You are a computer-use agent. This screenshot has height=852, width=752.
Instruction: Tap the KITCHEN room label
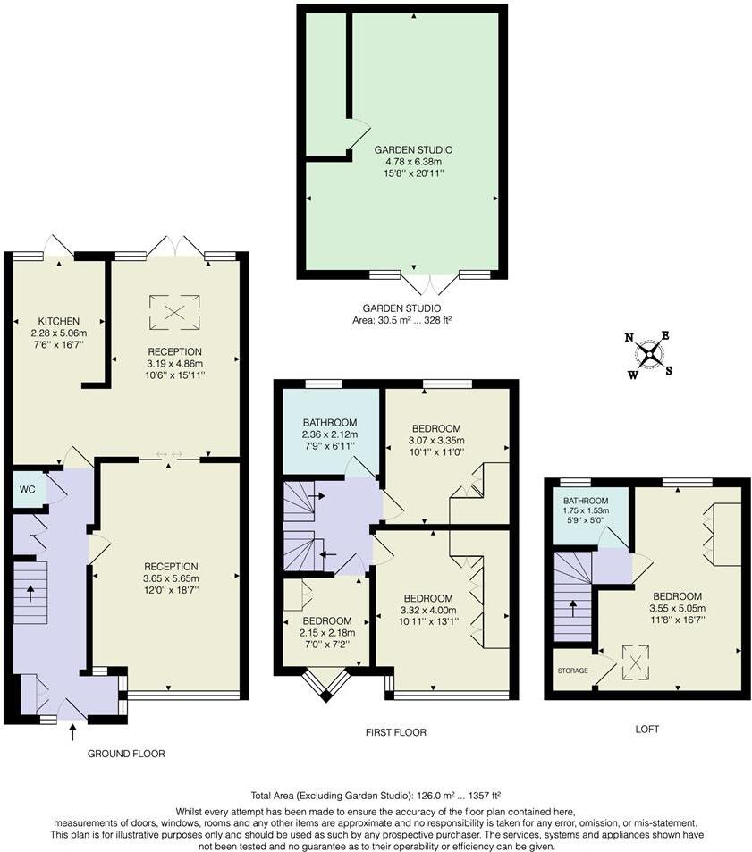pos(59,321)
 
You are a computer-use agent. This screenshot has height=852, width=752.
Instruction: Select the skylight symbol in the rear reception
pos(174,309)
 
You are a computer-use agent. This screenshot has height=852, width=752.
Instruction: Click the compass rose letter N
pos(629,338)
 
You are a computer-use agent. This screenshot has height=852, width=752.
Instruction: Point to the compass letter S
pos(669,371)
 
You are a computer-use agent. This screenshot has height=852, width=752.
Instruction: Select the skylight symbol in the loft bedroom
pos(636,662)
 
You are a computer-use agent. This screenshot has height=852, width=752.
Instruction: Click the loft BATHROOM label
pos(586,501)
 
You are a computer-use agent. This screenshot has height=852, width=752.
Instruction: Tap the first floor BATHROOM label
pos(329,423)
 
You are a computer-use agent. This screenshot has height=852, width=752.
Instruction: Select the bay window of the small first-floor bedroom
pos(324,682)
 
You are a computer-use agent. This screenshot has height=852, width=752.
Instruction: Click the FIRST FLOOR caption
pos(395,732)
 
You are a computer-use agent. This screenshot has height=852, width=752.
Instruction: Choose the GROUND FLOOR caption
pos(125,754)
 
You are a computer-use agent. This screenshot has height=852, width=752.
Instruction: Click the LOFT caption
pos(646,730)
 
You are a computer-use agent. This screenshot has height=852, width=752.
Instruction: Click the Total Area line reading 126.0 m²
pos(375,794)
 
